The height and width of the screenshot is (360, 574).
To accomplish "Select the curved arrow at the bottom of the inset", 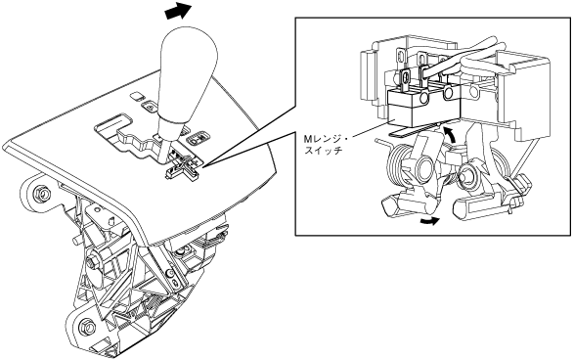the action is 429,220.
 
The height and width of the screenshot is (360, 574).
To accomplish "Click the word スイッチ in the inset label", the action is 324,150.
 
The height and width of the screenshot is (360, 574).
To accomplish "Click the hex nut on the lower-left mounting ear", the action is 87,325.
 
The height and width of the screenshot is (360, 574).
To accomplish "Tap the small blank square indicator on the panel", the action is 137,96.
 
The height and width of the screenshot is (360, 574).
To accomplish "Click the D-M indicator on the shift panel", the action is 198,138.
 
